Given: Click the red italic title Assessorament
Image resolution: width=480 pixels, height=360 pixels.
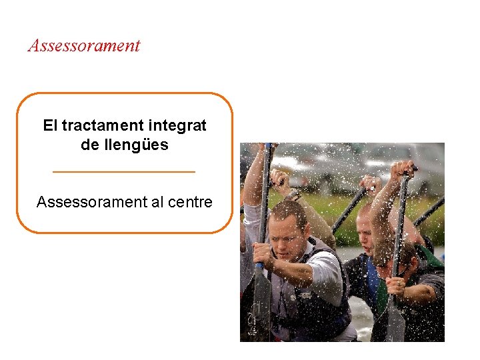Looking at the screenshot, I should tap(84, 46).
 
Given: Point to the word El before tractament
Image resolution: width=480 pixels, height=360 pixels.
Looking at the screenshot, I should tap(50, 125).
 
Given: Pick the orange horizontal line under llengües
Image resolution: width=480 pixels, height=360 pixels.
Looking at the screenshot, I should tap(124, 172).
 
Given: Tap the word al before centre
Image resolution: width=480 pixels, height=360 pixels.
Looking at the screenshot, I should tap(157, 202).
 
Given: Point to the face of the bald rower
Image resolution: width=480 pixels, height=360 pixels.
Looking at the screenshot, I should tap(365, 230).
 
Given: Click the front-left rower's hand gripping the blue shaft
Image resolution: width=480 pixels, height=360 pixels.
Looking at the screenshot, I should tap(262, 254).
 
